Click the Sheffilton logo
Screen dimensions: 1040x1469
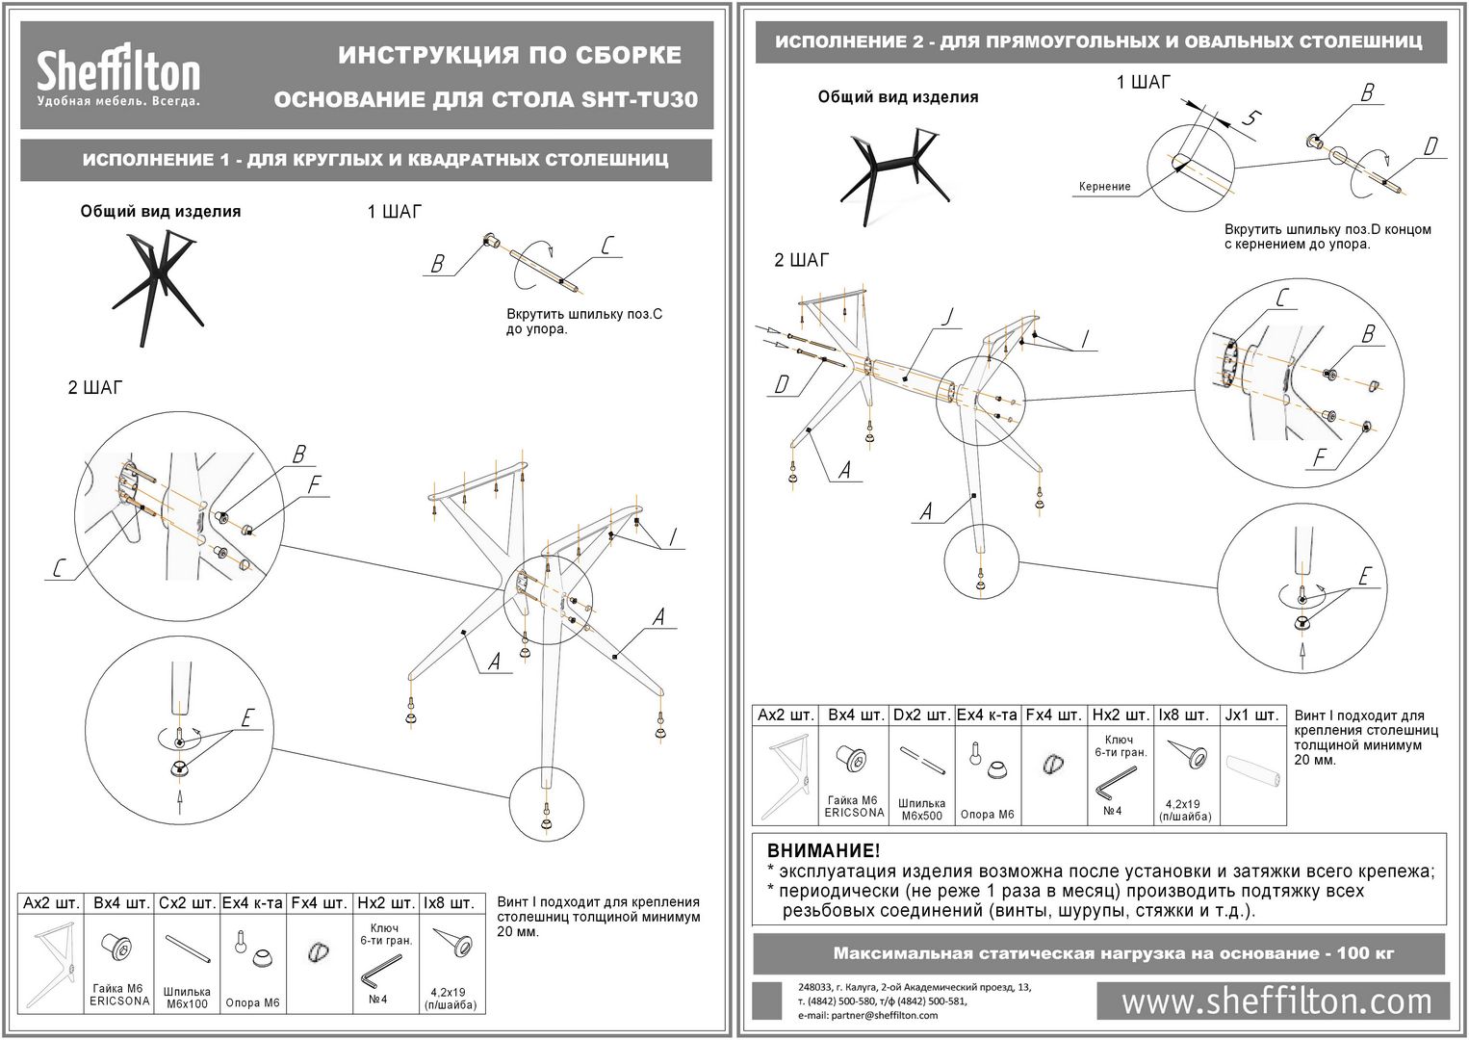(x=118, y=76)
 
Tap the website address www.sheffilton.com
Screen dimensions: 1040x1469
(x=1276, y=1001)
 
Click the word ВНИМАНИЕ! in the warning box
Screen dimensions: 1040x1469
(x=823, y=851)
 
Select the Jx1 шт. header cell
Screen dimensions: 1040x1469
(x=1252, y=715)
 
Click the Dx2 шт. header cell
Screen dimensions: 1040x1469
(x=920, y=715)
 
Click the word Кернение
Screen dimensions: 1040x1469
(x=1104, y=187)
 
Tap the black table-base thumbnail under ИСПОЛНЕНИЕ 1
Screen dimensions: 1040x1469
(x=159, y=278)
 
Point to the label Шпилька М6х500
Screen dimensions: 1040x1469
(x=921, y=809)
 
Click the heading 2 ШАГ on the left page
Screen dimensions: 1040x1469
(x=95, y=388)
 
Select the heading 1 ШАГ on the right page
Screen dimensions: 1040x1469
(x=1144, y=83)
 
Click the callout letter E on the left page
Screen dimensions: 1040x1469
(x=246, y=718)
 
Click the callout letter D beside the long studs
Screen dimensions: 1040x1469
(x=782, y=385)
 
